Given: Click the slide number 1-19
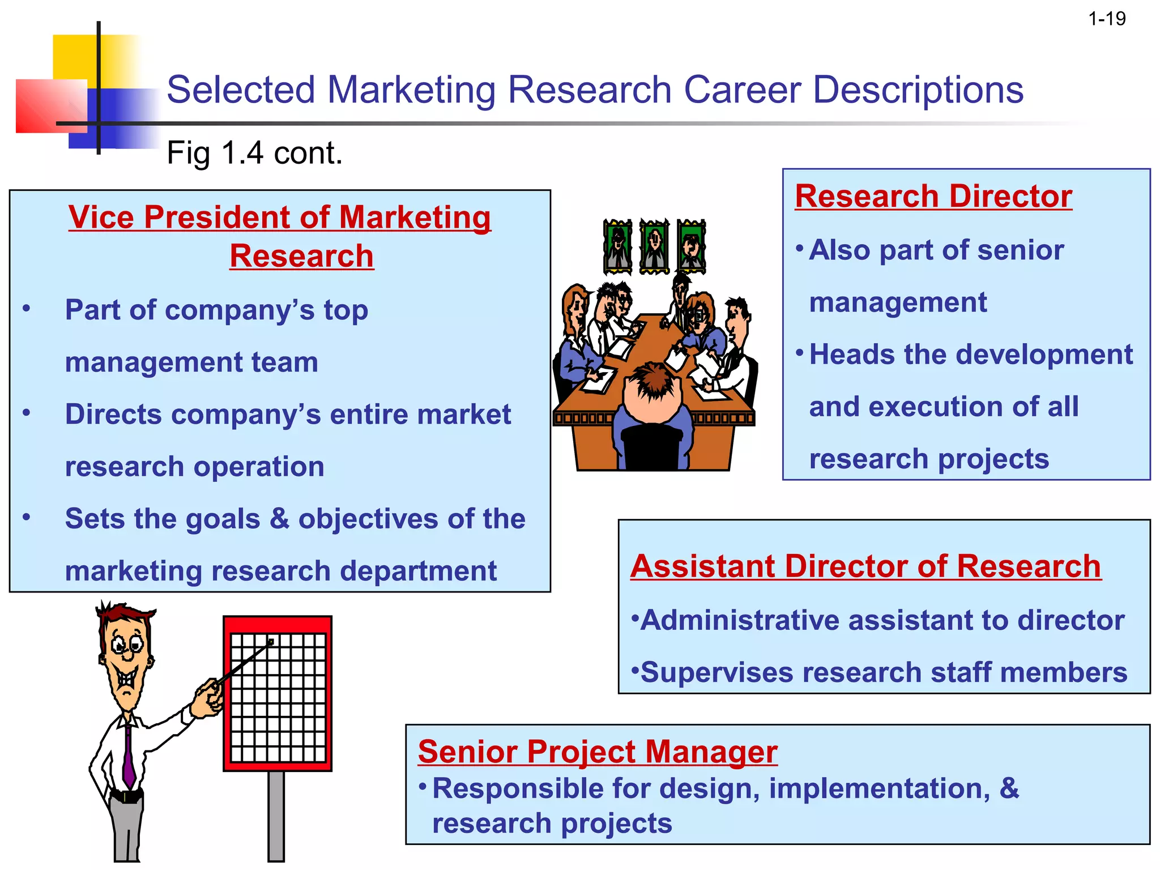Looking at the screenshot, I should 1107,19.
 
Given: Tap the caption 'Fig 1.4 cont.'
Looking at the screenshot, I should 254,153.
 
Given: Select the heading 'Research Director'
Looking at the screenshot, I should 933,197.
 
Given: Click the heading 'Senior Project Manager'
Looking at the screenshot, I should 598,752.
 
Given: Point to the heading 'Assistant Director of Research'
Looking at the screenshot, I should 865,566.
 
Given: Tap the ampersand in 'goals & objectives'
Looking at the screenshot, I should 279,519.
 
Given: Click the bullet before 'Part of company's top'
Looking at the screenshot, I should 26,309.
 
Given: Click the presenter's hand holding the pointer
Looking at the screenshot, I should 208,698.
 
